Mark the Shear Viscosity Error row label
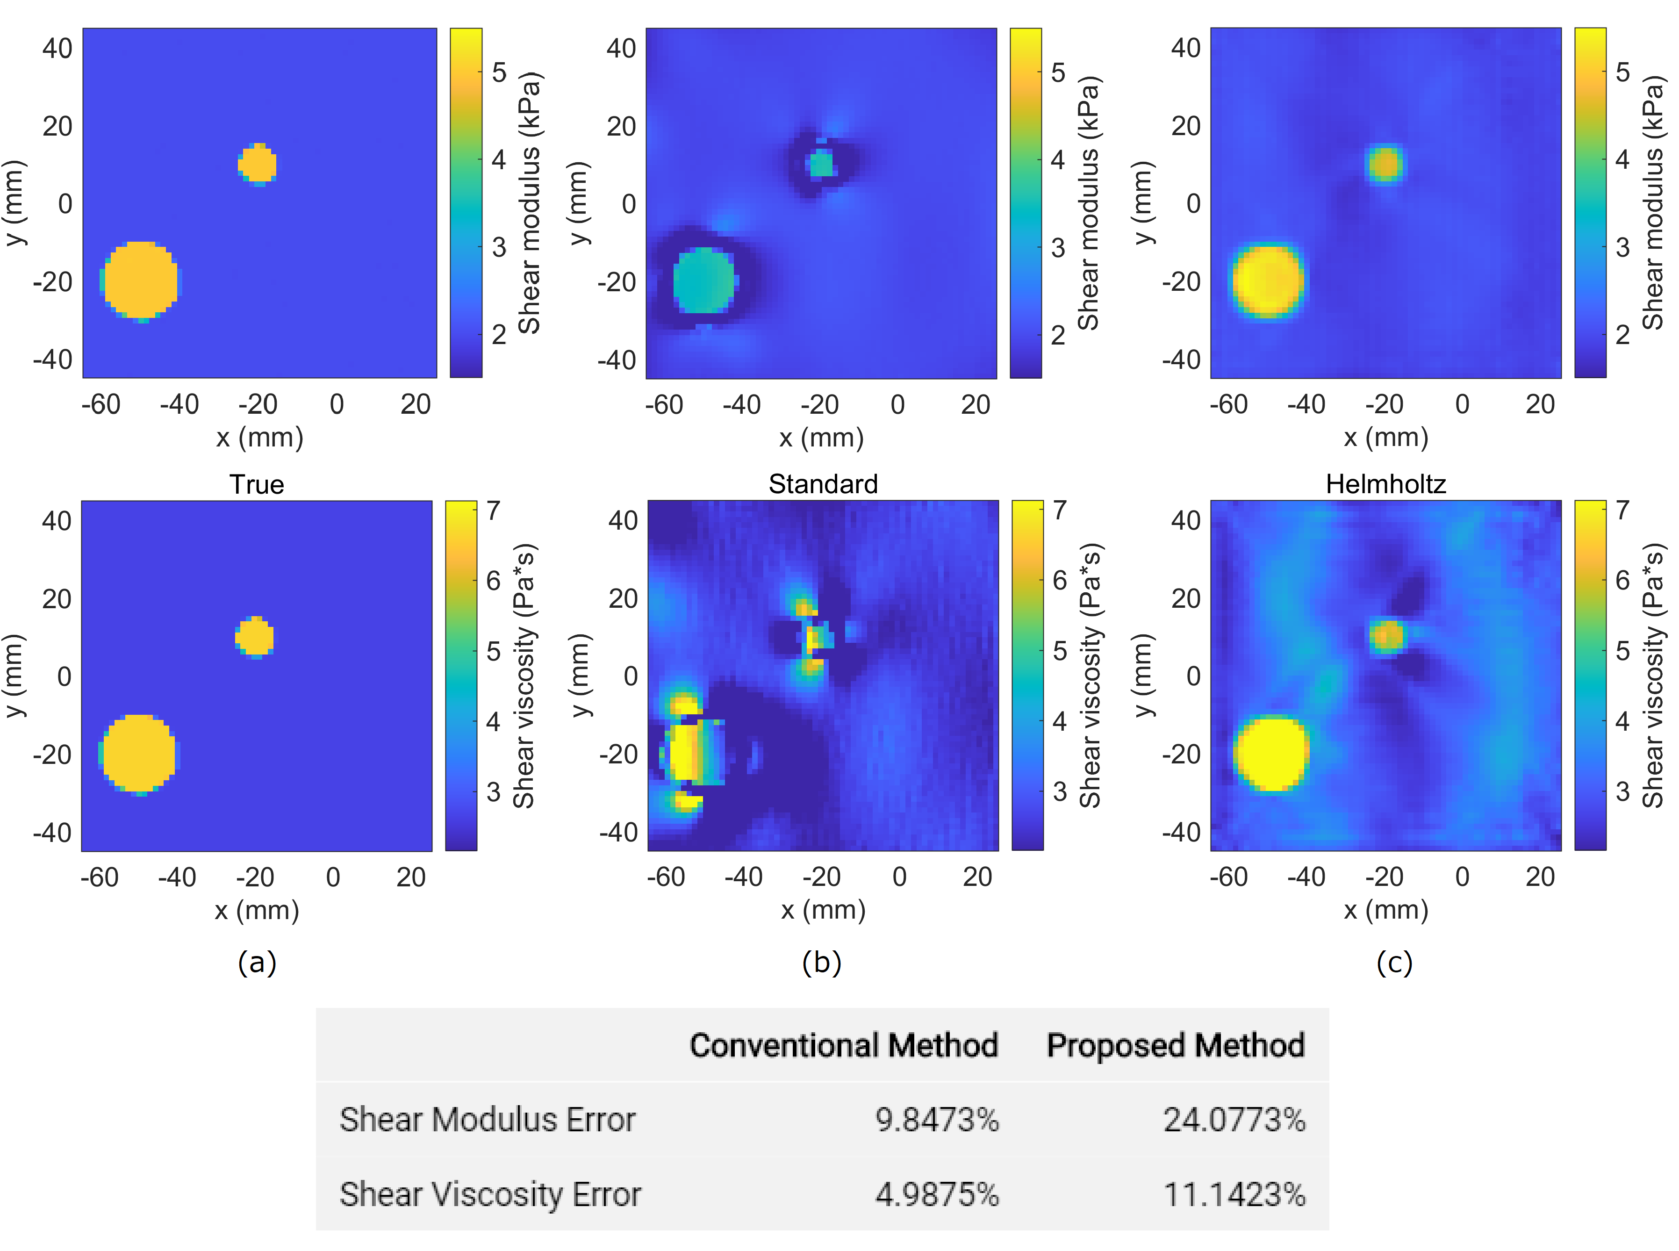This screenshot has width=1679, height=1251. [490, 1194]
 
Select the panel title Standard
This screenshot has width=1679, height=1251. [823, 484]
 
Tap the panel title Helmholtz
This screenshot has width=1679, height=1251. [1385, 484]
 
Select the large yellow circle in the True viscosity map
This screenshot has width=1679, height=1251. [138, 754]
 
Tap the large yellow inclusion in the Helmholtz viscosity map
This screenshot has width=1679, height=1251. [1272, 754]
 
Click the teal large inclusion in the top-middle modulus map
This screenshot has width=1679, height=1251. [704, 280]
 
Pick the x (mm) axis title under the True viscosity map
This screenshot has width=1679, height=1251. [257, 909]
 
